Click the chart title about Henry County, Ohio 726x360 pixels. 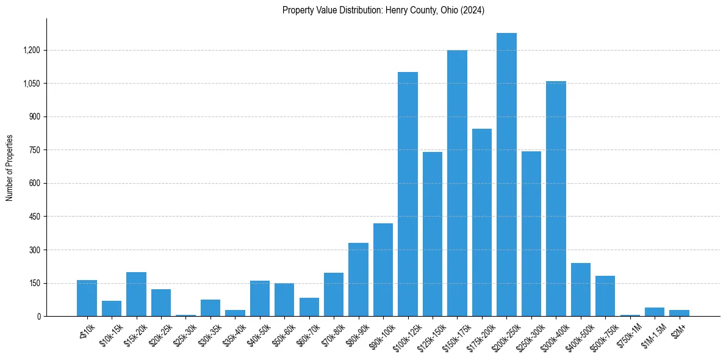coord(383,10)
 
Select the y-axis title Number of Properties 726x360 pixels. coord(10,168)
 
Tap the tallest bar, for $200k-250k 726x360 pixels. coord(506,175)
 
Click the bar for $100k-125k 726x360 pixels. coord(408,194)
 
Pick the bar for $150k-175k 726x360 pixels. coord(457,183)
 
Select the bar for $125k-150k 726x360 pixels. coord(432,234)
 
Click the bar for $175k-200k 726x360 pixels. coord(481,222)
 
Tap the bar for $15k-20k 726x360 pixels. coord(136,294)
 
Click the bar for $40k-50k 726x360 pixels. coord(259,298)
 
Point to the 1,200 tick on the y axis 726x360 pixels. coord(32,50)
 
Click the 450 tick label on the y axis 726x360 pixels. coord(34,217)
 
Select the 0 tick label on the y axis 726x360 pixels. coord(39,316)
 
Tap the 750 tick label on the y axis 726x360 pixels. coord(34,150)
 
